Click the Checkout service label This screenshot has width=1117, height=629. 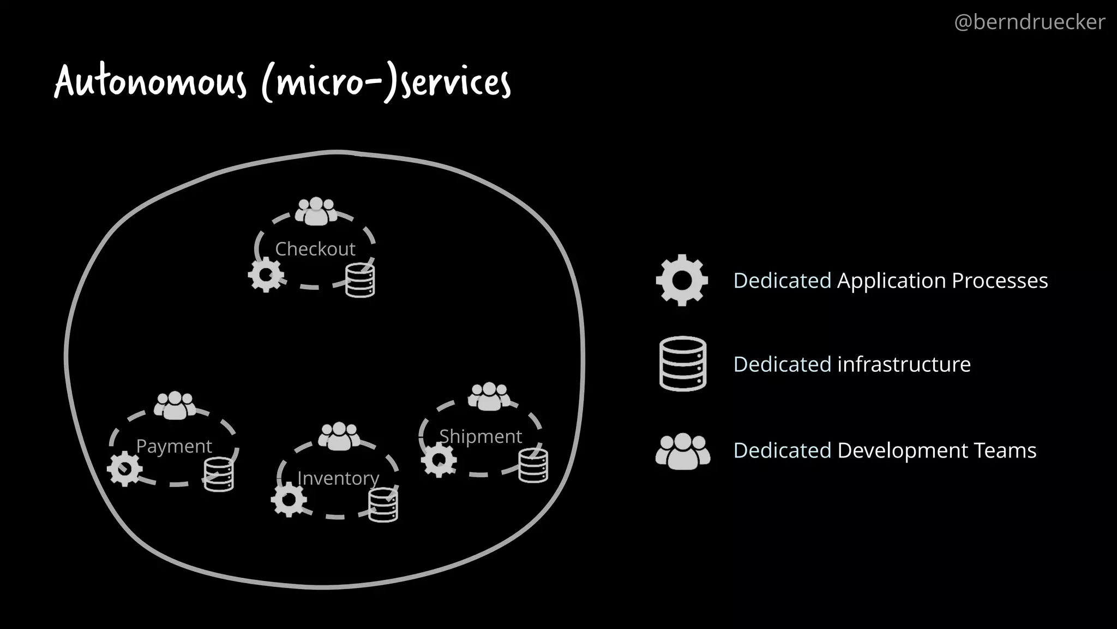[x=315, y=249]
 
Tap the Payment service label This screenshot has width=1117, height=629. [x=173, y=447]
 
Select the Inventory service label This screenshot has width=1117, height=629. [x=338, y=478]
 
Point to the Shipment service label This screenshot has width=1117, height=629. [x=481, y=436]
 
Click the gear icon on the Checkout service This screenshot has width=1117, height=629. [x=266, y=275]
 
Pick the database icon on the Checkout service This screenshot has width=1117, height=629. [x=360, y=280]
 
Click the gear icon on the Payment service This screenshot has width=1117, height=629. [x=125, y=469]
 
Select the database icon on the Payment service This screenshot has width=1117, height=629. [x=218, y=474]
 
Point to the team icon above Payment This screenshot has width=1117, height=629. [x=175, y=406]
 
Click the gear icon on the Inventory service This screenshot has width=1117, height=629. [x=289, y=500]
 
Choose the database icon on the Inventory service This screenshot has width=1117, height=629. [x=383, y=505]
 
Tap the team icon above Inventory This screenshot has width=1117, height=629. [x=339, y=436]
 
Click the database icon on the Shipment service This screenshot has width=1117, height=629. [x=533, y=465]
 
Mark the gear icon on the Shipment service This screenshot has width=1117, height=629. [x=439, y=460]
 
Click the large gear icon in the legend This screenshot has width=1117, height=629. [x=682, y=280]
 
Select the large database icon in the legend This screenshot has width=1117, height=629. [x=682, y=364]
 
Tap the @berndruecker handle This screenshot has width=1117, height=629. [x=1029, y=22]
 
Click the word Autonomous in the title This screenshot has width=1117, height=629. [x=151, y=82]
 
